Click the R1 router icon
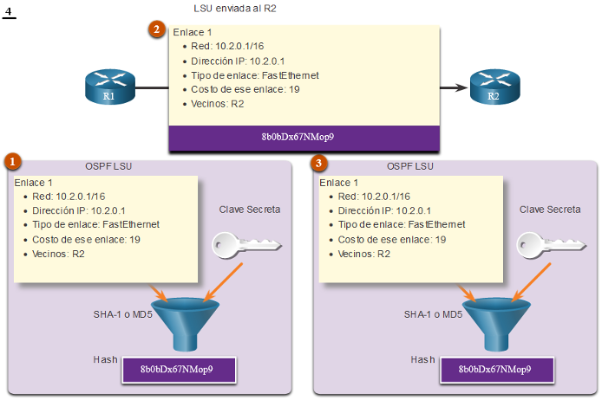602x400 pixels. coord(110,87)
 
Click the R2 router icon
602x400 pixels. coord(495,87)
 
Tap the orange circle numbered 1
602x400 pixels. coord(13,162)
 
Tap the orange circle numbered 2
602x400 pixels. coord(157,29)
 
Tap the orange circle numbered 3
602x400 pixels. coord(318,163)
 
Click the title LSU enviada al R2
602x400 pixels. coord(235,9)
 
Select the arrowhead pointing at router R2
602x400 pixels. coord(461,87)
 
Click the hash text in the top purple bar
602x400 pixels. coord(298,137)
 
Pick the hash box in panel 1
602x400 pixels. coord(179,370)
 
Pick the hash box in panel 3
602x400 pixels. coord(497,370)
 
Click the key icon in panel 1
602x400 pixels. coord(246,245)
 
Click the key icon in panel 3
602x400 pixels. coord(551,245)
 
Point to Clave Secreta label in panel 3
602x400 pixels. coord(550,210)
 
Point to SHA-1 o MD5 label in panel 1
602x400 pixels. coord(123,314)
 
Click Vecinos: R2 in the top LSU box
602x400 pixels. coord(218,104)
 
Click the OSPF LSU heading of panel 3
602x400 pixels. coord(410,166)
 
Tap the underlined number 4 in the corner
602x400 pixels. coord(9,12)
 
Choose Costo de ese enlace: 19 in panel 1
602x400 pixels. coord(86,240)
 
